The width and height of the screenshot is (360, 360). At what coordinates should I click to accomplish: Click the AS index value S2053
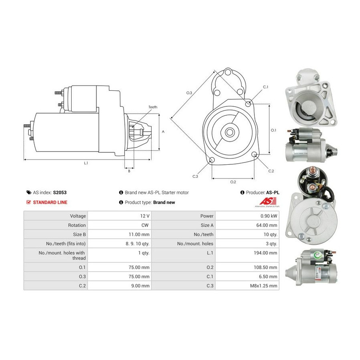tap(60, 192)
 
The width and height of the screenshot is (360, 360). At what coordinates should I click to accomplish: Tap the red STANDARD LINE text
tap(50, 202)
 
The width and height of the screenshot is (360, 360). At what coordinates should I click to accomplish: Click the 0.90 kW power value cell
tap(247, 216)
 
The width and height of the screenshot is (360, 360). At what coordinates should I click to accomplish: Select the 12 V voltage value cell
tap(119, 216)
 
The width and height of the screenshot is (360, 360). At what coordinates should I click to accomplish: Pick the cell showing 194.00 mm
tap(247, 255)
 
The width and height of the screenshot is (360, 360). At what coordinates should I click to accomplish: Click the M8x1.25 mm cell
tap(247, 286)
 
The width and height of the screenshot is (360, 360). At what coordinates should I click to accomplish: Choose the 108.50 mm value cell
tap(247, 267)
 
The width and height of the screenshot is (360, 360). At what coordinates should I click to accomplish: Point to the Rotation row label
tap(77, 225)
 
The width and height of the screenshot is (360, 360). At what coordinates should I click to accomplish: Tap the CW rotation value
tap(145, 225)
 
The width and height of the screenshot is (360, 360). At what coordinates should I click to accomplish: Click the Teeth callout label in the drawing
tap(153, 107)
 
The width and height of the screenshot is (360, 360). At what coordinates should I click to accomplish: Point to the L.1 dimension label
tap(86, 163)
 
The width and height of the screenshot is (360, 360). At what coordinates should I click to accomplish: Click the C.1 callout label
tap(266, 87)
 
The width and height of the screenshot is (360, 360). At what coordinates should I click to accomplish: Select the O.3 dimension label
tap(189, 93)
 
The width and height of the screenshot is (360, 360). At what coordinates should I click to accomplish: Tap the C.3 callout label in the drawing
tap(195, 176)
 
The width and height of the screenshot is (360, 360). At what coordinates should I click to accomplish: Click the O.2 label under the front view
tap(233, 182)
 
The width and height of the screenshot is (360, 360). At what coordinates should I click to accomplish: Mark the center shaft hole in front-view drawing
tap(229, 132)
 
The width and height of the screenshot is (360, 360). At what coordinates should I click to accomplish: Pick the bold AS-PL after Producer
tap(273, 192)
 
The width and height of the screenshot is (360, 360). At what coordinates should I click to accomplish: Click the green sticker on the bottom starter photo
tap(318, 254)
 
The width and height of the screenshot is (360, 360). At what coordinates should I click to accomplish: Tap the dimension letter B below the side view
tap(129, 171)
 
